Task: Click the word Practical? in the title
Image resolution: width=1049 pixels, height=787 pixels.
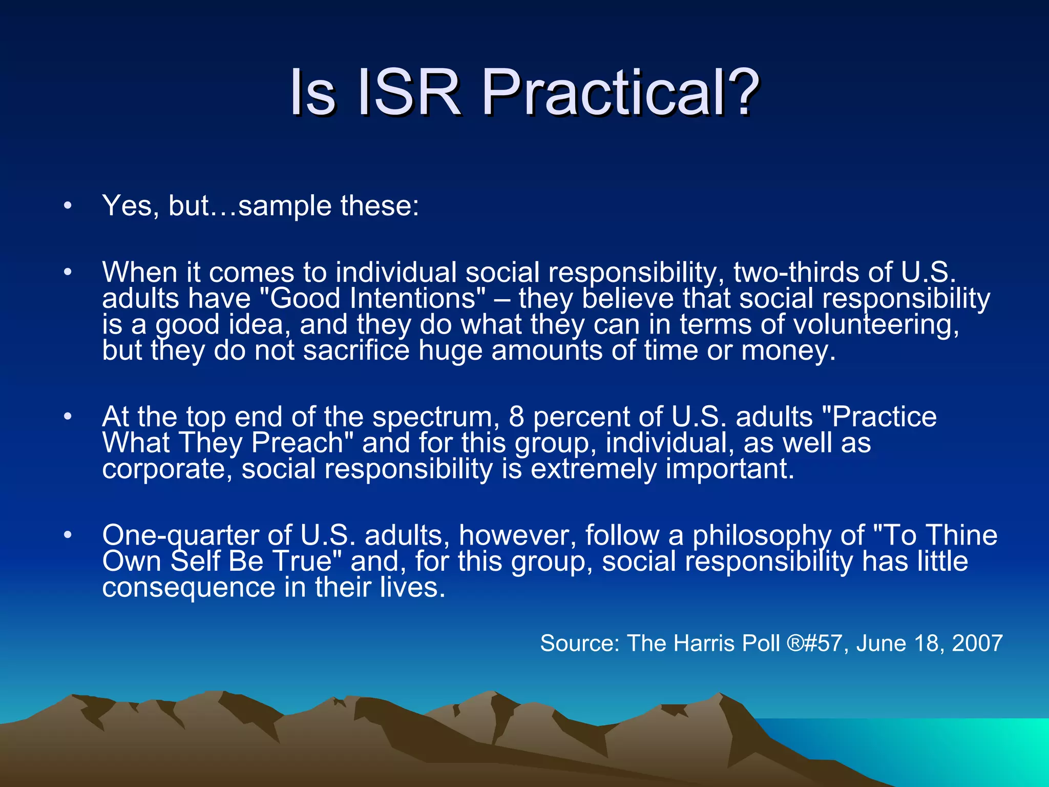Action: click(620, 93)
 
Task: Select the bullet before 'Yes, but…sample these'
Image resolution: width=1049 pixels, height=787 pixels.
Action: click(68, 206)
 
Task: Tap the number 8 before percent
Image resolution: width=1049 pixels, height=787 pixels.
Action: click(516, 417)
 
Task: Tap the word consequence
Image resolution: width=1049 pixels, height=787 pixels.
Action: click(188, 587)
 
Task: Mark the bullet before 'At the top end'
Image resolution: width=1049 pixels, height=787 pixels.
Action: click(68, 417)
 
